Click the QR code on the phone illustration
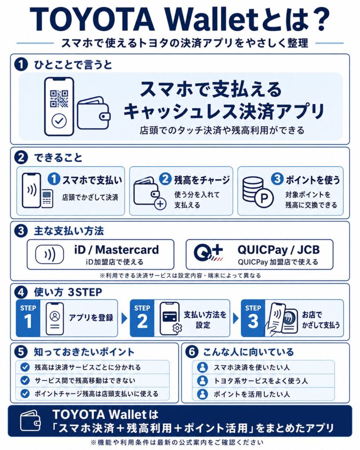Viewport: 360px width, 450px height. [x=59, y=98]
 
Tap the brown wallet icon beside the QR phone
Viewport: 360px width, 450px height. [x=93, y=113]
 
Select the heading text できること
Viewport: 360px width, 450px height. [x=58, y=157]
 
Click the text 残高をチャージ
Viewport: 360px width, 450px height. [x=201, y=179]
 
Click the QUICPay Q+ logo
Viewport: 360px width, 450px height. [x=208, y=254]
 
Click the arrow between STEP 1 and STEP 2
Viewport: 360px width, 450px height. [x=124, y=318]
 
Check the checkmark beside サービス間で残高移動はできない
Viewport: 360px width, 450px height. [x=25, y=380]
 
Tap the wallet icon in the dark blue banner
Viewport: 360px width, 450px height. [x=30, y=421]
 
